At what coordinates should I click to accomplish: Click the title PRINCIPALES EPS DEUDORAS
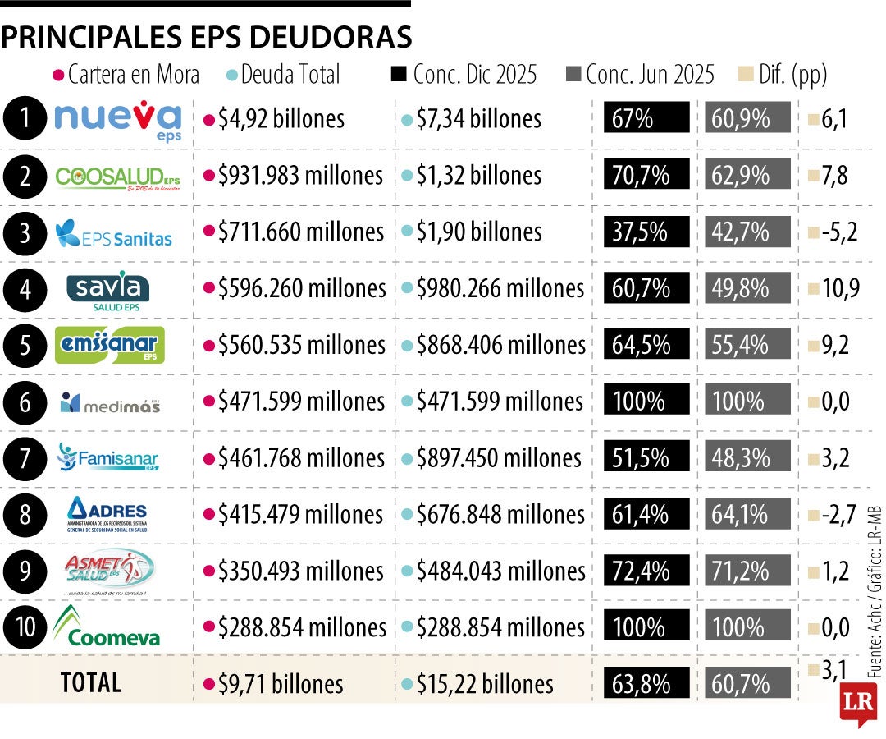coord(206,37)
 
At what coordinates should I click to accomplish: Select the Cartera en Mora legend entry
coord(126,75)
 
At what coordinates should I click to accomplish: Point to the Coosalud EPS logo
coord(117,177)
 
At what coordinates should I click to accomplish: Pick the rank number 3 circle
coord(25,233)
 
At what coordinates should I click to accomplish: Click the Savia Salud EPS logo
coord(108,288)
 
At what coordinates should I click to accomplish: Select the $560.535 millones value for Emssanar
coord(294,345)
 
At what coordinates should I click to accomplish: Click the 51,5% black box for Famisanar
coord(646,457)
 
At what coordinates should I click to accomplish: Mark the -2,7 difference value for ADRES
coord(832,515)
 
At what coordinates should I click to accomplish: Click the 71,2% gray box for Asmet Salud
coord(747,571)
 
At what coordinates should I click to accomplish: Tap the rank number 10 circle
coord(25,627)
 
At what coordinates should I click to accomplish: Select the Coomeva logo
coord(107,627)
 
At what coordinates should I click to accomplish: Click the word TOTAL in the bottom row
coord(91,682)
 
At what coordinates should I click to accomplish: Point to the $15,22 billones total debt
coord(477,684)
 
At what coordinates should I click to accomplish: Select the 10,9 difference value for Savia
coord(833,289)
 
